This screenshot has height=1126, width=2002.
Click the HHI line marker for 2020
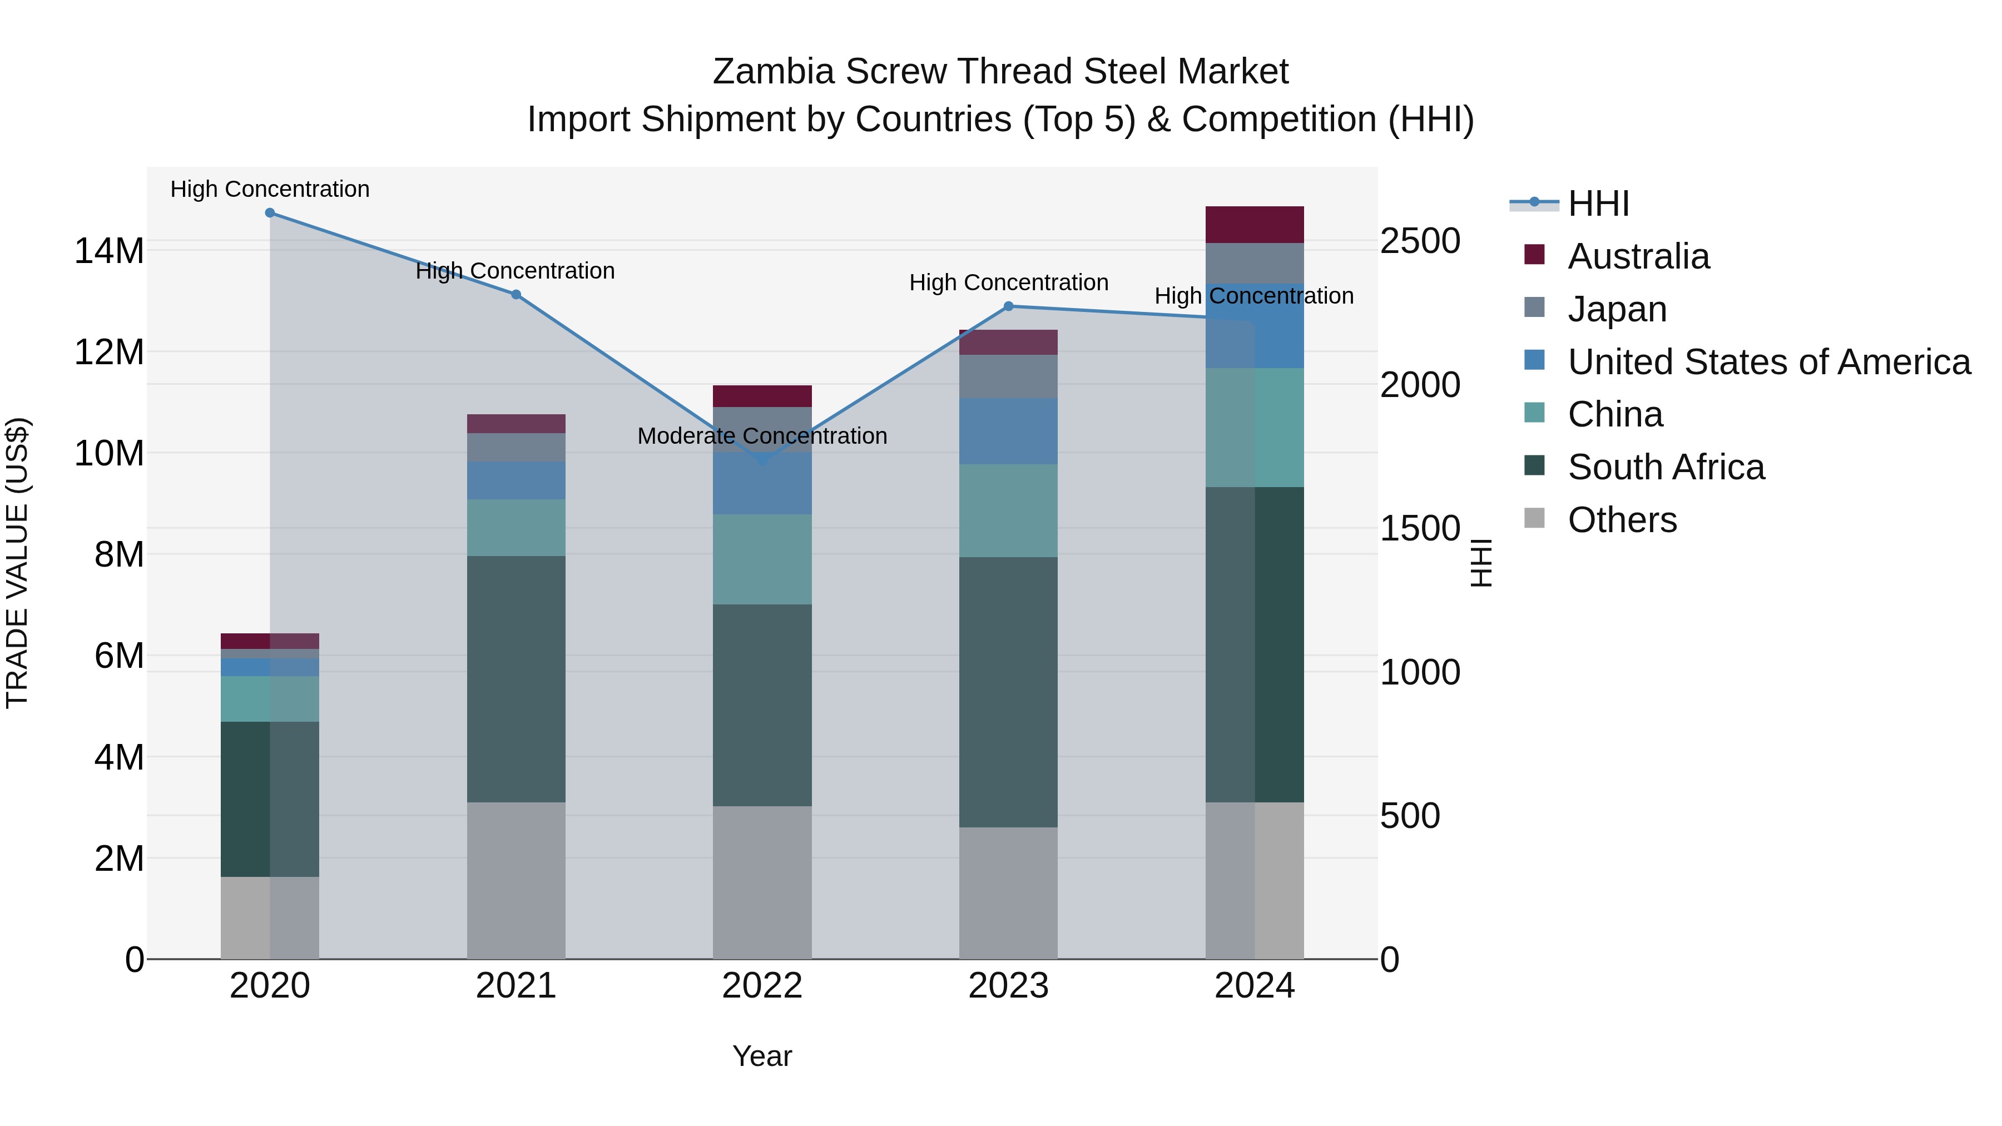click(270, 213)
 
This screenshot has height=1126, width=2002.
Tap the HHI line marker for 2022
click(762, 462)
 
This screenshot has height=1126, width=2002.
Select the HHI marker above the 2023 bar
click(1008, 306)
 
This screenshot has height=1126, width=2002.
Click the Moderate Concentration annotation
click(762, 436)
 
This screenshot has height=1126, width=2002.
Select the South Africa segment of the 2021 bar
click(516, 678)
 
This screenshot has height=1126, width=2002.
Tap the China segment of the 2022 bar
click(762, 559)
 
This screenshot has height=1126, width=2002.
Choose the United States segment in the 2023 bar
click(1008, 431)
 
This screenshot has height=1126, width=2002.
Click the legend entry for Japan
click(1617, 309)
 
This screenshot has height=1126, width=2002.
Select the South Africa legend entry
click(1666, 467)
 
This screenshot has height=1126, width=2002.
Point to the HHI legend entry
click(1598, 204)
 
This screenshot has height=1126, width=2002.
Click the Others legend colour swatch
click(1534, 518)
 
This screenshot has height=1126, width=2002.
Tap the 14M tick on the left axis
click(109, 251)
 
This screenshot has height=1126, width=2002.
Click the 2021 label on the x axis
click(516, 986)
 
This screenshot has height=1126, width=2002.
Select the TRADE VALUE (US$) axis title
click(17, 563)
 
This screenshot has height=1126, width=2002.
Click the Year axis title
click(762, 1056)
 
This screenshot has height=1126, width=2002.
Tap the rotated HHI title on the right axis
click(1481, 563)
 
